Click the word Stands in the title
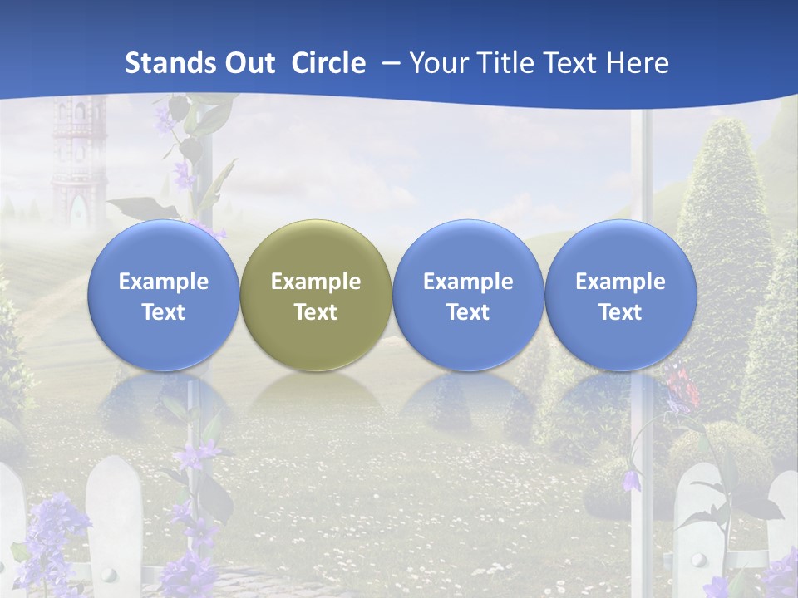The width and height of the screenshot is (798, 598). click(x=165, y=63)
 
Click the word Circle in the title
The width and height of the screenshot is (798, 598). click(x=328, y=63)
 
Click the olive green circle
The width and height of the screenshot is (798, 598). click(x=316, y=295)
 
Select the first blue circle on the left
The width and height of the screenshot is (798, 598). click(x=164, y=295)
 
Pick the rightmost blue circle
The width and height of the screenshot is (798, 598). click(x=620, y=295)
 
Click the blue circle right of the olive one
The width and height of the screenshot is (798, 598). click(x=468, y=295)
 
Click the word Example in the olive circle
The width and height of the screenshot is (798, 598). click(x=316, y=282)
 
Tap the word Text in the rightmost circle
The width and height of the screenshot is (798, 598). click(x=620, y=312)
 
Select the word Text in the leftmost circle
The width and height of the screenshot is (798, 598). click(x=164, y=312)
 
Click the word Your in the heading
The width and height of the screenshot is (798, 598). click(x=437, y=63)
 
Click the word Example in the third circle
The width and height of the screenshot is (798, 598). click(x=468, y=282)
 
